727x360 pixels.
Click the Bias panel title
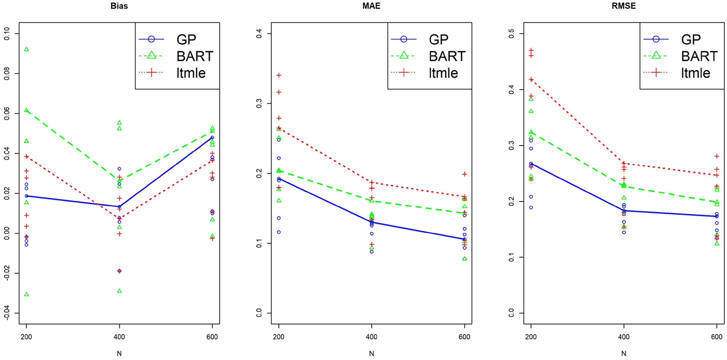point(119,6)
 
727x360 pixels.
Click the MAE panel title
point(371,6)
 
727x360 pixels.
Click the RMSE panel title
point(624,6)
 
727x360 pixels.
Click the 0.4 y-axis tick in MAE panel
point(259,33)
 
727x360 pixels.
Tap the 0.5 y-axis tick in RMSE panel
point(511,33)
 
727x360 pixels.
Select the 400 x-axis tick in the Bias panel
point(119,337)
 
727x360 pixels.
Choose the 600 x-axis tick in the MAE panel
point(464,337)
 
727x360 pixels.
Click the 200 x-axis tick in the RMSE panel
point(531,337)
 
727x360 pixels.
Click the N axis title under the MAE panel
point(371,353)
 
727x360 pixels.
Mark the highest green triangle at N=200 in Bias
point(27,49)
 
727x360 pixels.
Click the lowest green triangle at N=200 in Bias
point(27,294)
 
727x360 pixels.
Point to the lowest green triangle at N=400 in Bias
point(119,291)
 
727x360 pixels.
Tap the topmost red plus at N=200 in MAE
point(279,75)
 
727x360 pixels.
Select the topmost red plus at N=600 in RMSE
point(717,156)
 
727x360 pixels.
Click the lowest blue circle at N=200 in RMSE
point(531,207)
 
